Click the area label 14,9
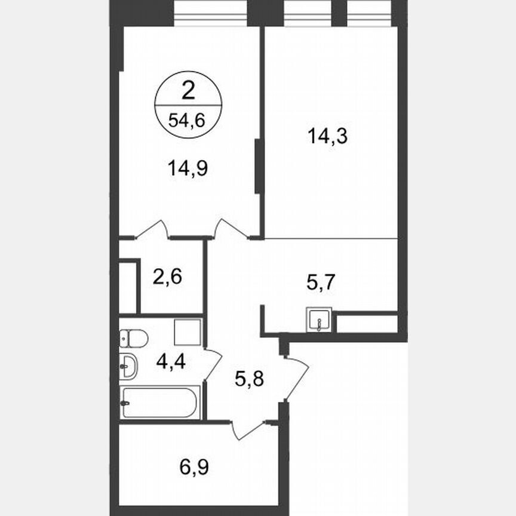[189, 169]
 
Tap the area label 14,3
[328, 137]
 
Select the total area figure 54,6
[187, 120]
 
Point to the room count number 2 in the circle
[188, 91]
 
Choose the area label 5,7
[321, 282]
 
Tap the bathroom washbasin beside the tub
[128, 366]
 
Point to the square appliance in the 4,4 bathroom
[188, 332]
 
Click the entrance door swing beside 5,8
[296, 377]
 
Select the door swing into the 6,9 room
[248, 431]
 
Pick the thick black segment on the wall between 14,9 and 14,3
[258, 165]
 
